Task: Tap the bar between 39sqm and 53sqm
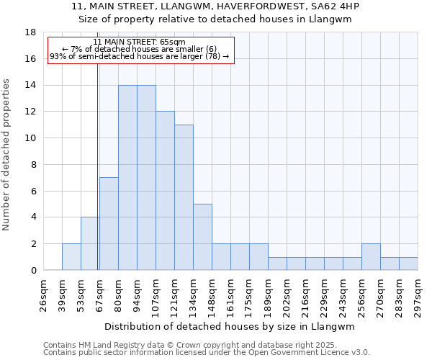click(71, 257)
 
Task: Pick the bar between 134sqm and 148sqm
click(202, 237)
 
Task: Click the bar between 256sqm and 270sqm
click(371, 257)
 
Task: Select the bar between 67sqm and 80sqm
click(109, 224)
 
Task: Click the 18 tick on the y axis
click(31, 32)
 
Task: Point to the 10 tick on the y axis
click(31, 138)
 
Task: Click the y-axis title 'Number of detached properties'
click(6, 151)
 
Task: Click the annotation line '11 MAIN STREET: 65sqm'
click(139, 42)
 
